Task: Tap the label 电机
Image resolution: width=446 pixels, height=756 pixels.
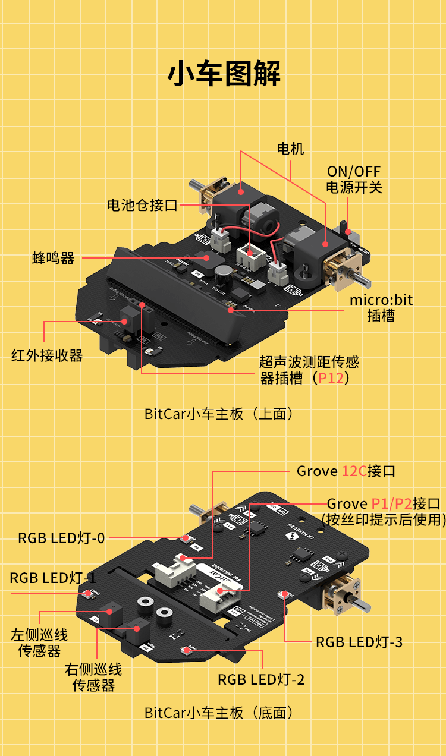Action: pyautogui.click(x=290, y=149)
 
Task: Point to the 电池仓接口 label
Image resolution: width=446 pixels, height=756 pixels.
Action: pyautogui.click(x=142, y=206)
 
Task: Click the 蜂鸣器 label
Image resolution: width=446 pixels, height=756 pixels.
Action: pyautogui.click(x=54, y=258)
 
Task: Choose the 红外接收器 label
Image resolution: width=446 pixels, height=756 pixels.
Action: pyautogui.click(x=47, y=355)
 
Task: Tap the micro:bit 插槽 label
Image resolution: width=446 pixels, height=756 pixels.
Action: pyautogui.click(x=381, y=307)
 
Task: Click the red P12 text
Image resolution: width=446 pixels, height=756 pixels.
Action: pyautogui.click(x=331, y=378)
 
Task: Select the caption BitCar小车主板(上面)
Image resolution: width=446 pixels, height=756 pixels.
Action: pyautogui.click(x=219, y=414)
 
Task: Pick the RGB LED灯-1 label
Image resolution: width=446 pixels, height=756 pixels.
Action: pyautogui.click(x=53, y=578)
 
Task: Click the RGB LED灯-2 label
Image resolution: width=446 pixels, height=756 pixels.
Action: pyautogui.click(x=261, y=679)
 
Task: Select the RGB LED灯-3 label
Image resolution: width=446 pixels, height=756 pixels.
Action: pyautogui.click(x=359, y=642)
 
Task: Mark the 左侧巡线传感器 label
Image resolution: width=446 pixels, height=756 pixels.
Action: pyautogui.click(x=39, y=642)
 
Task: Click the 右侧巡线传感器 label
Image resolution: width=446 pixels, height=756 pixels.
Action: pyautogui.click(x=93, y=678)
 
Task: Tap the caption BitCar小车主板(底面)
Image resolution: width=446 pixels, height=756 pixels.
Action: pyautogui.click(x=219, y=713)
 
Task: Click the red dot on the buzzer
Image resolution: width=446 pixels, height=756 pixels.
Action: pyautogui.click(x=207, y=258)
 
